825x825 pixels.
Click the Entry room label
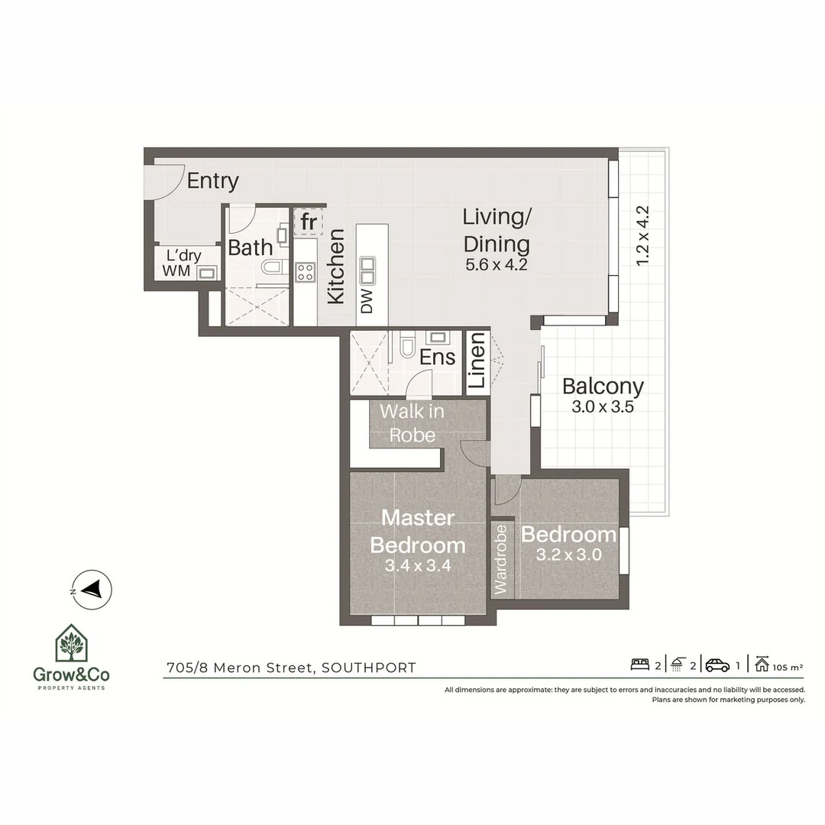point(212,181)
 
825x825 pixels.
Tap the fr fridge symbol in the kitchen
point(309,222)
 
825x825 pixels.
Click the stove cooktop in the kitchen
point(306,271)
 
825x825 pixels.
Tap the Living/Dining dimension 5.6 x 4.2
point(497,266)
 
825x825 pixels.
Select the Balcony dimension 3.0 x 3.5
point(603,407)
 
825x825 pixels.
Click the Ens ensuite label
point(437,357)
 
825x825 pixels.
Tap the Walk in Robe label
point(412,423)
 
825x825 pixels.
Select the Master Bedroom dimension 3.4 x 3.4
point(417,566)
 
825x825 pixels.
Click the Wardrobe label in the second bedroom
point(501,559)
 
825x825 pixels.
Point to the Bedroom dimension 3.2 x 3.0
point(568,555)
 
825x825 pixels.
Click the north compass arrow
point(92,590)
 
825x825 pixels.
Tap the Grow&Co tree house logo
point(70,643)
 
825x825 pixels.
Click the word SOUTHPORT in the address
point(369,668)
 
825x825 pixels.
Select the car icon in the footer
point(717,665)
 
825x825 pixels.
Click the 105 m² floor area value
point(788,667)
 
